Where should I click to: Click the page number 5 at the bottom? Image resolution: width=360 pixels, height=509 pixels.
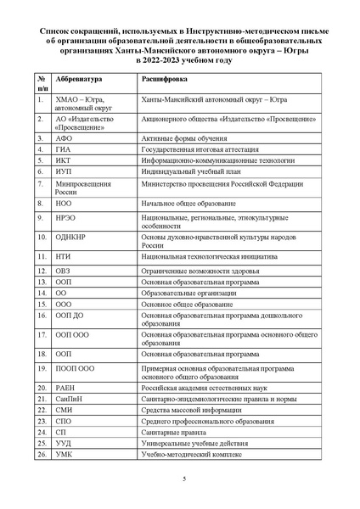point(183,482)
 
